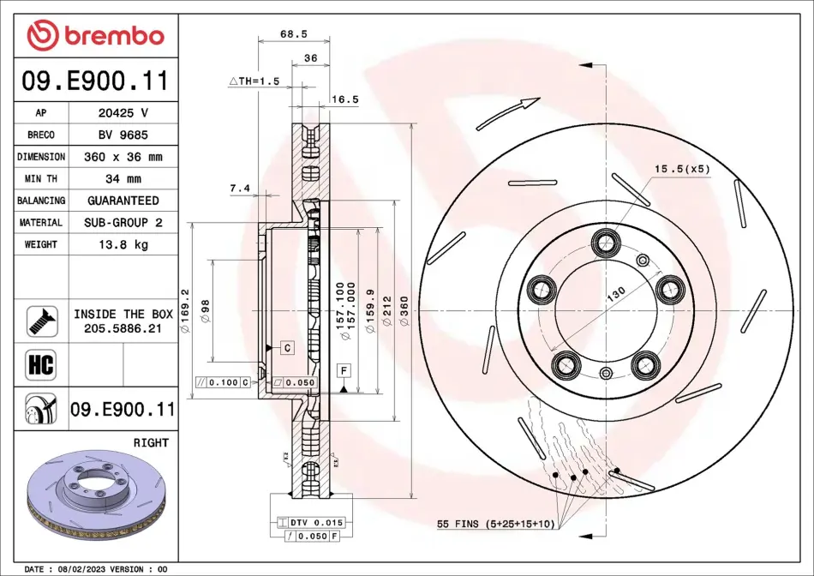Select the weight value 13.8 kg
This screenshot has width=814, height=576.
tap(123, 244)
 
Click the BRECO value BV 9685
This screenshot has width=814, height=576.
tap(123, 135)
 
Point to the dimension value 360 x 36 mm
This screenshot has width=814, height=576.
tap(123, 157)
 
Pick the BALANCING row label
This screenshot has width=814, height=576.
tap(41, 201)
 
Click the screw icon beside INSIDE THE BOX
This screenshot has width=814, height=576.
tap(41, 321)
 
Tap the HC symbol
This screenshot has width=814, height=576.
tap(41, 364)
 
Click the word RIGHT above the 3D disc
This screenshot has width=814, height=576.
tap(151, 442)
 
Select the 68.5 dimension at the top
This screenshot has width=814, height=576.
tap(294, 33)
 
